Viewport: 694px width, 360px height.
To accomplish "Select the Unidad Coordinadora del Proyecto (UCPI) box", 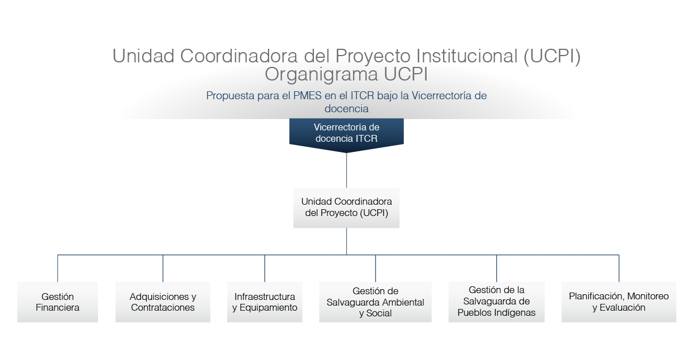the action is (x=346, y=207).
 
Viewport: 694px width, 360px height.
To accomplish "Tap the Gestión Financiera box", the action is (x=58, y=302).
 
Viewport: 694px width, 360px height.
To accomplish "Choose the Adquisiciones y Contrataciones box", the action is (x=163, y=302).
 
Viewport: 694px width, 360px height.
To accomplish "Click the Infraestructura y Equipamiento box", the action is (x=265, y=302).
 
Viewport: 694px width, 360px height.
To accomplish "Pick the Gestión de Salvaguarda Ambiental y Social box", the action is (x=375, y=302).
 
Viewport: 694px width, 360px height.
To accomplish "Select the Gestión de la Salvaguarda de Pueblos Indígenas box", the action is (x=496, y=302).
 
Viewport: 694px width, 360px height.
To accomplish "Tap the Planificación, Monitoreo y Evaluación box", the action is (x=619, y=302).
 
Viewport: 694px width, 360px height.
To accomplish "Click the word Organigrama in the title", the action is (x=321, y=75).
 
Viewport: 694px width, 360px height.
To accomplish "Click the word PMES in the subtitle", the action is (x=307, y=95).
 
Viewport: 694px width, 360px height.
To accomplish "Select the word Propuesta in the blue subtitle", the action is (x=230, y=96).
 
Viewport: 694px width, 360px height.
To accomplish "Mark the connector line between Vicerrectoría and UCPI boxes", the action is (x=346, y=170).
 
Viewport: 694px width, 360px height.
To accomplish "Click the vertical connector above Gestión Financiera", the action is (x=58, y=268).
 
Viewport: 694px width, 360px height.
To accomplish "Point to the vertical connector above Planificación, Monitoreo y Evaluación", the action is (x=619, y=268).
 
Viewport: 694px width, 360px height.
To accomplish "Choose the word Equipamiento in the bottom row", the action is (x=269, y=308).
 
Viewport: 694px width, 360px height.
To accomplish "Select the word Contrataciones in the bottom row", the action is (x=163, y=308).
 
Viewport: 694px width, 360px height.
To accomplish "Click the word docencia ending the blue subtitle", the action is (x=346, y=109).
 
